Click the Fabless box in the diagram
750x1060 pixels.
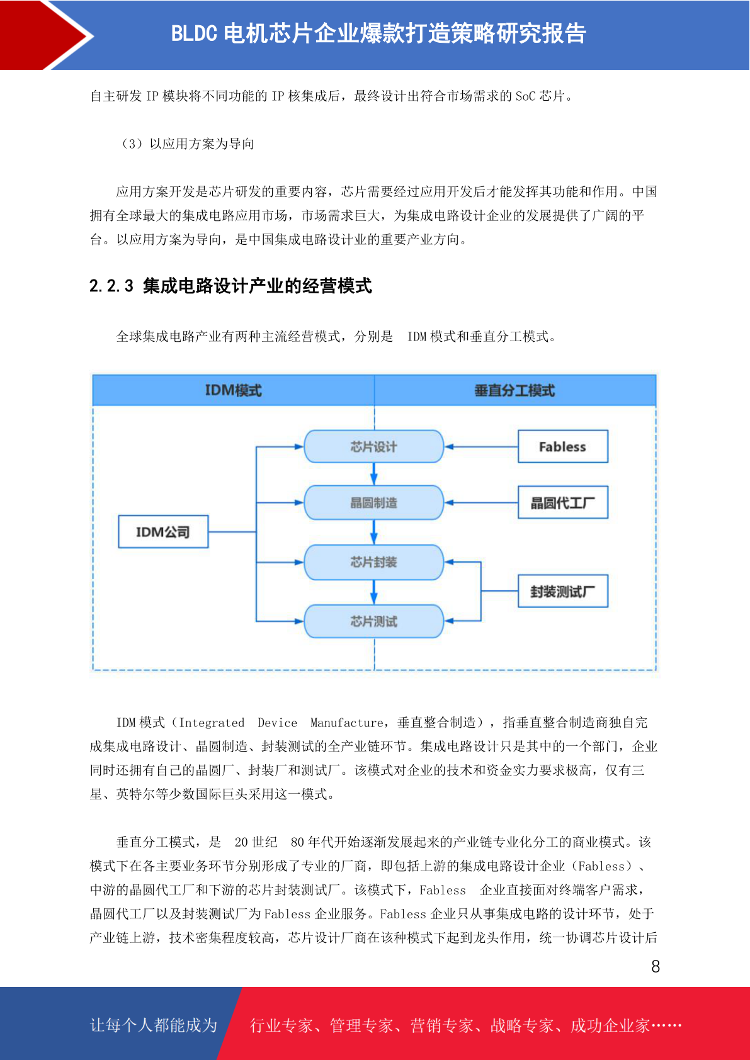tap(562, 446)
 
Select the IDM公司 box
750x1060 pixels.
tap(163, 531)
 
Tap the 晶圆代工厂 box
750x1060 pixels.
tap(562, 502)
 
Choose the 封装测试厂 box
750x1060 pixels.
tap(562, 591)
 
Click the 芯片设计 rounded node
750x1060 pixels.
tap(373, 446)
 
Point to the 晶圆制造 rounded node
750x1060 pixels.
tap(373, 502)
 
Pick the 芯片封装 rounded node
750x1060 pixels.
tap(373, 561)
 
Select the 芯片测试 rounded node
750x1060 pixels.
tap(373, 621)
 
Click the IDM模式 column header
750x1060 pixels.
tap(234, 390)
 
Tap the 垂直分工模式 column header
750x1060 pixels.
tap(515, 390)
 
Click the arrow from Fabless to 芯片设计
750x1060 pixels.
tap(481, 446)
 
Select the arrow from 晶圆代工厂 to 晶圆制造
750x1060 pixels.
tap(481, 502)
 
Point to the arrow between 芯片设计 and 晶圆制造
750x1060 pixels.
tap(373, 474)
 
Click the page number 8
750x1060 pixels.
tap(656, 966)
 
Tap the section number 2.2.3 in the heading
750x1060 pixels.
tap(111, 286)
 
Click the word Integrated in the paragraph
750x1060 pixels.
tap(212, 723)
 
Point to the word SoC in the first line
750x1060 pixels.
tap(525, 96)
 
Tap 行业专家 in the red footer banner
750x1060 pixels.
tap(281, 1025)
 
